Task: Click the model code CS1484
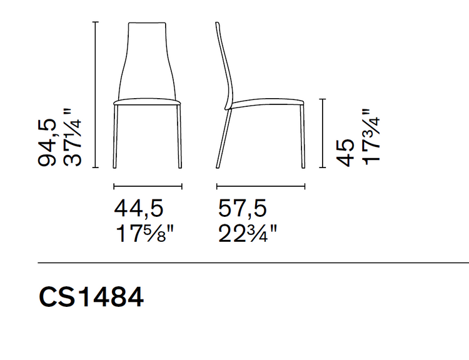[91, 297]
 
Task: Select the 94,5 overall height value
[47, 142]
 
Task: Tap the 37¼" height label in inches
[72, 137]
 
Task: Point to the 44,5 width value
[138, 208]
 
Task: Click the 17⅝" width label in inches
[144, 234]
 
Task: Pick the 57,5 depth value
[242, 208]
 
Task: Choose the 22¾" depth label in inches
[248, 234]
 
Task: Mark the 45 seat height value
[345, 152]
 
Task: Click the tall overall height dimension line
[96, 95]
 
